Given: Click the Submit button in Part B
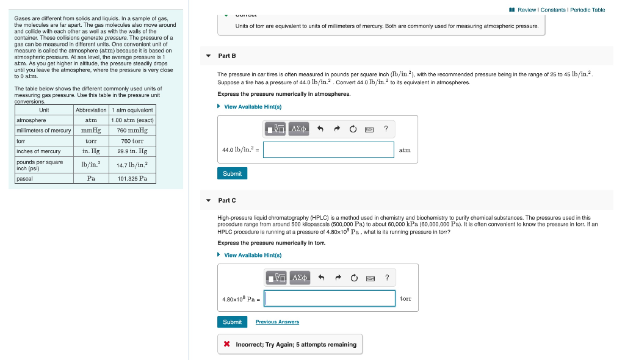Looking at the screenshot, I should point(232,174).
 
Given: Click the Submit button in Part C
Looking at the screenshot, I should point(232,322).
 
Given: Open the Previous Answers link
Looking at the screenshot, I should point(277,322).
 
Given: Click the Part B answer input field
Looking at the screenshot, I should point(328,149).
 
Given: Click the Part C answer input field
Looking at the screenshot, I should point(330,298).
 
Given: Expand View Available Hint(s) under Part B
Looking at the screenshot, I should point(252,107).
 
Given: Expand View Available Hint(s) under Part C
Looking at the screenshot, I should point(252,255).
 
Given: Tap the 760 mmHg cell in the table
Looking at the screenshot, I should point(132,131).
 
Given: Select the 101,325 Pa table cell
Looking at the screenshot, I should point(132,179).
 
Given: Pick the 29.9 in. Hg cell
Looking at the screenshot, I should point(132,151).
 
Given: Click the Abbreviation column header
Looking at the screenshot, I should point(91,110).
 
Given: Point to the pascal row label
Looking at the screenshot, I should point(25,179).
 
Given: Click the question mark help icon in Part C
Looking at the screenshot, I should point(386,278).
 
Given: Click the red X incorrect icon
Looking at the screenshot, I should point(226,345).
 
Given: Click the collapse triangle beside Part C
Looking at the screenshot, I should point(208,201).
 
